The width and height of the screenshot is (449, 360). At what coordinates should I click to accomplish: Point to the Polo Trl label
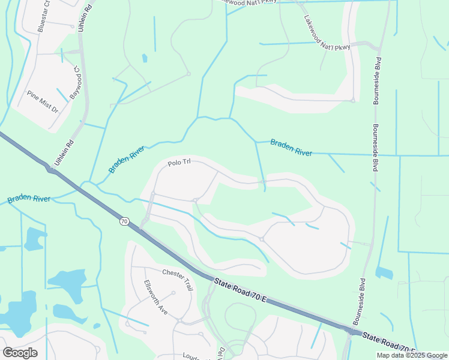(x=179, y=163)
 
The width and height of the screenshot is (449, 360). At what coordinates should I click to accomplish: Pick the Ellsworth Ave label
(x=155, y=297)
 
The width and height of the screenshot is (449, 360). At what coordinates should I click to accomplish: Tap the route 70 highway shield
(x=124, y=221)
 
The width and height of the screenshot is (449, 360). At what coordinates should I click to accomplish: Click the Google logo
(x=20, y=352)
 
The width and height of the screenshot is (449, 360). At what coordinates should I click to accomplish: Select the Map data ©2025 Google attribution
(x=412, y=355)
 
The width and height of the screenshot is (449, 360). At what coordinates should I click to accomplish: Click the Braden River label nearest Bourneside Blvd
(x=291, y=148)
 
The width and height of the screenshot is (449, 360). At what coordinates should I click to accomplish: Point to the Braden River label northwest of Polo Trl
(x=127, y=160)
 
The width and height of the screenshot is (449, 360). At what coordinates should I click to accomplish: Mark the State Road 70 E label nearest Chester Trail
(x=237, y=291)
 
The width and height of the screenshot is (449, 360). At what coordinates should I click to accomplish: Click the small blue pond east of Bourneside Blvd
(x=384, y=273)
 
